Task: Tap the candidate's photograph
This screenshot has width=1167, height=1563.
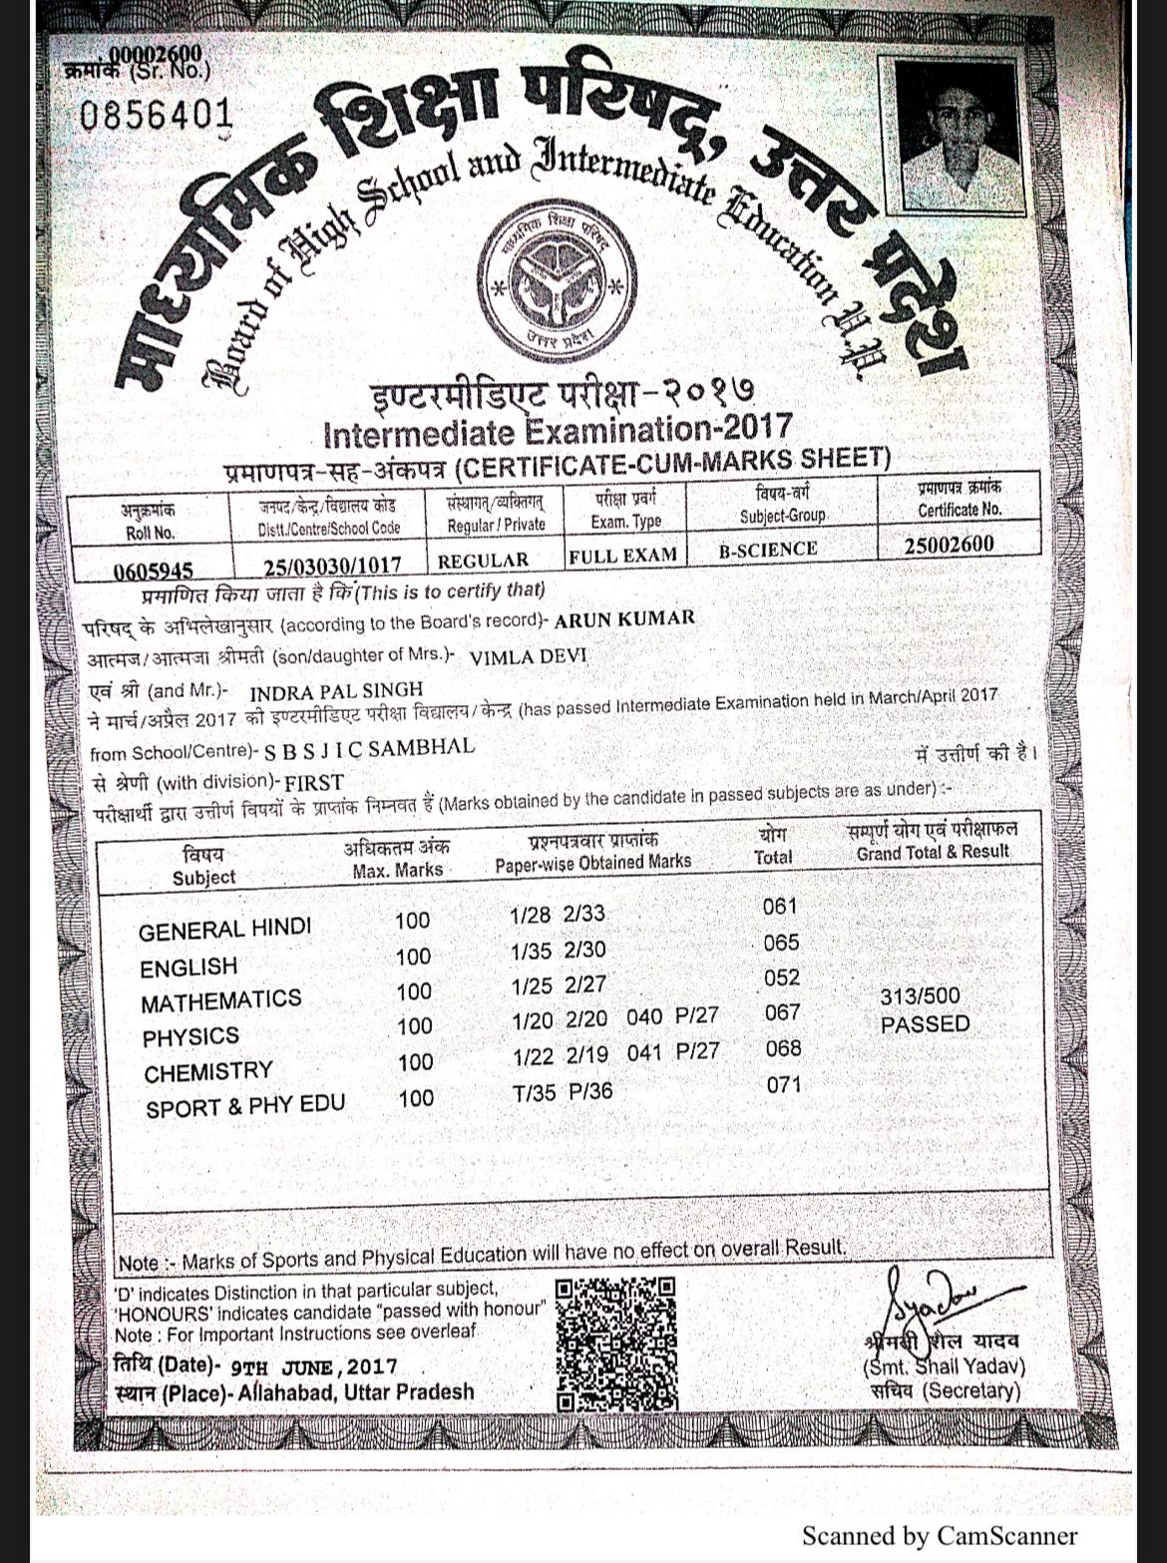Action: pyautogui.click(x=957, y=135)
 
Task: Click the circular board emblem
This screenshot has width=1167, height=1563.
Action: pyautogui.click(x=556, y=283)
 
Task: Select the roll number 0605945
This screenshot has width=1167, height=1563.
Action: pyautogui.click(x=153, y=571)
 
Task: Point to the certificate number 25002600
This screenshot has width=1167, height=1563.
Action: pyautogui.click(x=949, y=545)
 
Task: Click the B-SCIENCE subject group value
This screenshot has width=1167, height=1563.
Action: pyautogui.click(x=767, y=549)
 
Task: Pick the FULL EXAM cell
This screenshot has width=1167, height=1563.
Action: pyautogui.click(x=622, y=555)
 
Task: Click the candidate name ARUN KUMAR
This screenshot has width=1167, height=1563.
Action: pyautogui.click(x=624, y=618)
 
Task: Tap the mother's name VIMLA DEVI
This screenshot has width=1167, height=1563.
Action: pyautogui.click(x=528, y=657)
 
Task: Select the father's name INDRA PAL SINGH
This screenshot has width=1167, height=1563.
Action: pyautogui.click(x=336, y=690)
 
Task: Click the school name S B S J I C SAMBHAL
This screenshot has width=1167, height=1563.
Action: pyautogui.click(x=369, y=747)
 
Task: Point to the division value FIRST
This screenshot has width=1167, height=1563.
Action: pyautogui.click(x=314, y=782)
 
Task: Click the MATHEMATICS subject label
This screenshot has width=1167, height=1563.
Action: pyautogui.click(x=220, y=1000)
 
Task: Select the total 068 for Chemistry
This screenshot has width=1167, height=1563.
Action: pyautogui.click(x=783, y=1048)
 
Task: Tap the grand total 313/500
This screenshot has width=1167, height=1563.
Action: pyautogui.click(x=920, y=995)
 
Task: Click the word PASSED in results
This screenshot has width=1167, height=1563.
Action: pyautogui.click(x=925, y=1023)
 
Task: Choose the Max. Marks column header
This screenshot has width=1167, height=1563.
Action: pyautogui.click(x=397, y=859)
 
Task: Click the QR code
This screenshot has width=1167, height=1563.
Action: pyautogui.click(x=615, y=1342)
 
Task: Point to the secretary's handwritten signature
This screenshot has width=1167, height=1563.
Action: pyautogui.click(x=928, y=1298)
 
